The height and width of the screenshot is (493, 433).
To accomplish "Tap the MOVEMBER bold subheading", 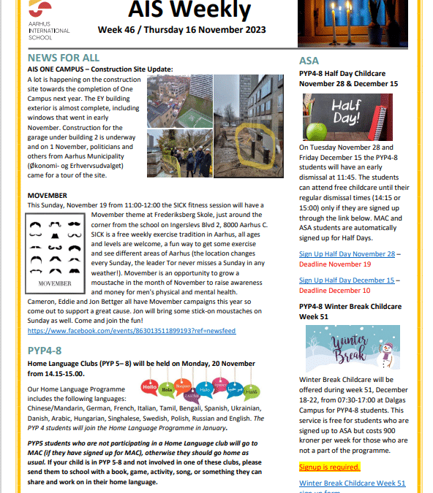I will pyautogui.click(x=47, y=196).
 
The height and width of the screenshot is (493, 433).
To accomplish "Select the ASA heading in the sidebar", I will pyautogui.click(x=309, y=61).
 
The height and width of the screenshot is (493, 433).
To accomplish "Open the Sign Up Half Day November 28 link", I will pyautogui.click(x=347, y=253).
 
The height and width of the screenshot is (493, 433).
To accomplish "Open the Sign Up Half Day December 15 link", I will pyautogui.click(x=347, y=280).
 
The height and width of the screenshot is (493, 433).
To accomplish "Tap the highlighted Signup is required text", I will pyautogui.click(x=329, y=466).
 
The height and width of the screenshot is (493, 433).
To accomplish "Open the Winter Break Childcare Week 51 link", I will pyautogui.click(x=352, y=484).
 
